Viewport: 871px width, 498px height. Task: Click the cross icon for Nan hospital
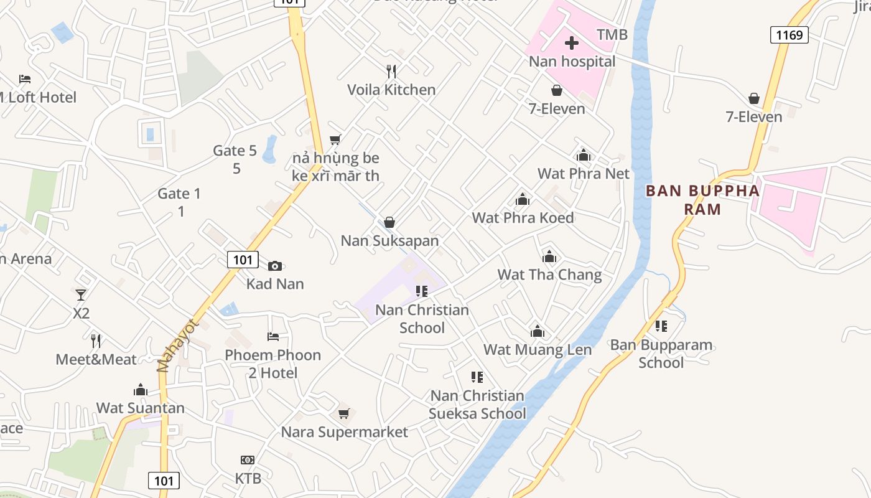(x=571, y=43)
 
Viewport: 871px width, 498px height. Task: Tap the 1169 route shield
(x=789, y=35)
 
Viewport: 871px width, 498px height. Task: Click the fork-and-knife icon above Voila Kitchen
(x=391, y=71)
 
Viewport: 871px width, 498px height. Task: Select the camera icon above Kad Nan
(x=275, y=266)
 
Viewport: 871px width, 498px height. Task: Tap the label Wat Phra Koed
(x=523, y=218)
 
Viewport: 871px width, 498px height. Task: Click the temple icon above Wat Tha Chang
(x=549, y=256)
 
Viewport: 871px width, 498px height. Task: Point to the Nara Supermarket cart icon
(x=344, y=413)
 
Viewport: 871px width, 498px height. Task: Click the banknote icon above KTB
(x=248, y=460)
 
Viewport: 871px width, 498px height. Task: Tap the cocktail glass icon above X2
(x=81, y=294)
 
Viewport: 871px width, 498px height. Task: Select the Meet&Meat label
(x=96, y=359)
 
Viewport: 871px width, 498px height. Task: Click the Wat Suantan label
(x=141, y=408)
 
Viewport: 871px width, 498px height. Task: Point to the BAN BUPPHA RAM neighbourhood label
(x=702, y=200)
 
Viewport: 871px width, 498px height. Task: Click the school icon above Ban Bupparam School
(x=661, y=326)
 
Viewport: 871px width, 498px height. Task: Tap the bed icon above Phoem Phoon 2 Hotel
(x=272, y=337)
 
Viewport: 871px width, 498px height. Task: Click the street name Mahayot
(x=176, y=345)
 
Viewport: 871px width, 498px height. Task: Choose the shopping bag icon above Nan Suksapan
(x=389, y=222)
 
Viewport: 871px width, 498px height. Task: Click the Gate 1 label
(x=179, y=194)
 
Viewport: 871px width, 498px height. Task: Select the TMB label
(x=612, y=35)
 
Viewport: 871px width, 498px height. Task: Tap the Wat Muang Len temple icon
(x=538, y=331)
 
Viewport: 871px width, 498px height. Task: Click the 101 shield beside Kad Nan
(x=242, y=260)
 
